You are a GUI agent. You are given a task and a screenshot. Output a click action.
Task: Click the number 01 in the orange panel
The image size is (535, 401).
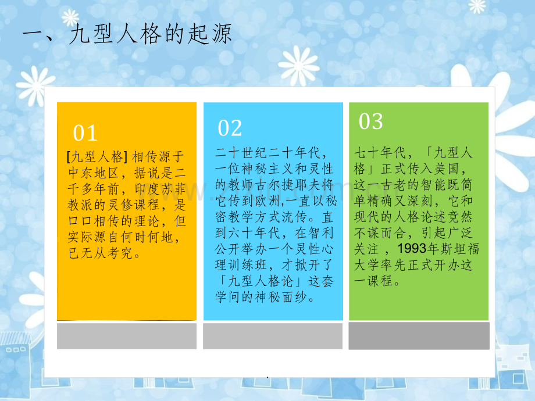[85, 133]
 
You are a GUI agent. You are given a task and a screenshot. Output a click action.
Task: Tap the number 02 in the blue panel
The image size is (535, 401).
[230, 128]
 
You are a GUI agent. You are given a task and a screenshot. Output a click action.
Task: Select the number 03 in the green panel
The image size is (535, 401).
[371, 121]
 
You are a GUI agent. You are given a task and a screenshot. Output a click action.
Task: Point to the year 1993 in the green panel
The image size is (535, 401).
[412, 249]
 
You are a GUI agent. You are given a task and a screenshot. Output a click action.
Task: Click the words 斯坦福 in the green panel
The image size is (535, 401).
[459, 249]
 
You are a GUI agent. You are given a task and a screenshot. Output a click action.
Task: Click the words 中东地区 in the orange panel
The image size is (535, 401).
[94, 173]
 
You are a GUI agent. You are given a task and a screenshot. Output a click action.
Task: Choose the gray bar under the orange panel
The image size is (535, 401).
[127, 336]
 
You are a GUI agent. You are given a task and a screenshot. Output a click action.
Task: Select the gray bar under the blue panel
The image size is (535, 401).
[273, 336]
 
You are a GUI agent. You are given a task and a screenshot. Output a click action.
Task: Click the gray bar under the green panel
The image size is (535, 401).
[419, 336]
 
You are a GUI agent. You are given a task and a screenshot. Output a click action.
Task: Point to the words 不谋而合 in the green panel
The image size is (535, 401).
[380, 233]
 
